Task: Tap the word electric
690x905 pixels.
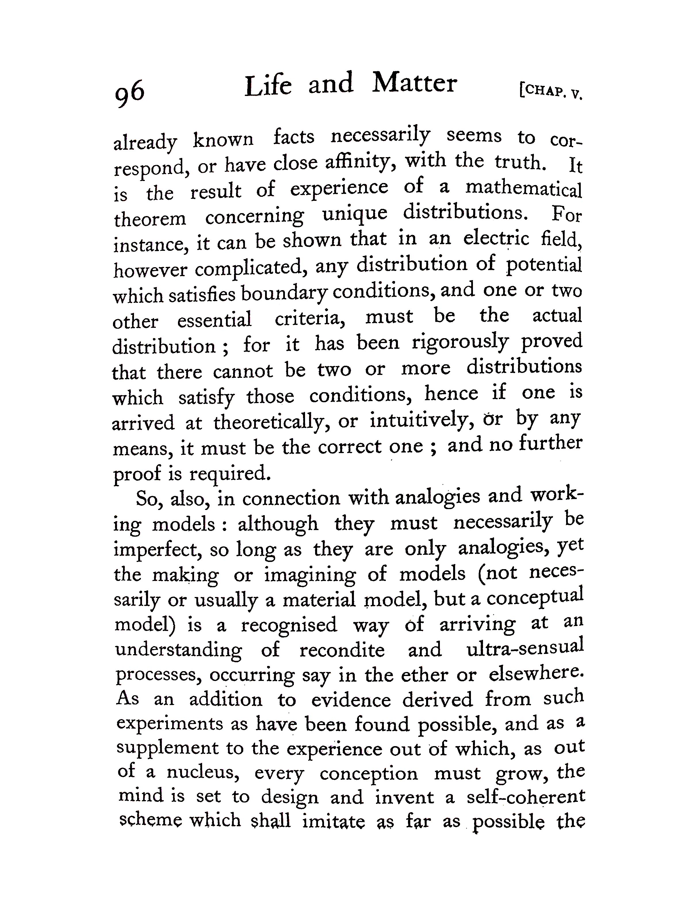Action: [x=496, y=238]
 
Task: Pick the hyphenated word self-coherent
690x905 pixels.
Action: [x=526, y=797]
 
